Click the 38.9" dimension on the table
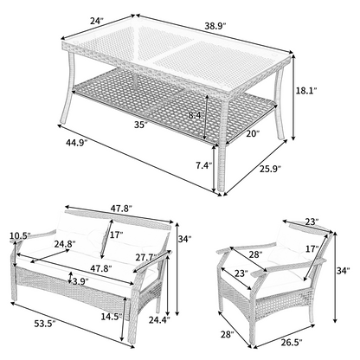(215, 26)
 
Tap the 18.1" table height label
(306, 90)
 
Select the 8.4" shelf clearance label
(196, 116)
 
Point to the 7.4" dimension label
(204, 165)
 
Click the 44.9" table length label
(76, 143)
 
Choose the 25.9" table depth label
(270, 169)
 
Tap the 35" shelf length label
(141, 125)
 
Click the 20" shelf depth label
(253, 133)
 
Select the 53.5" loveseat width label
(45, 324)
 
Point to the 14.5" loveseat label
(112, 317)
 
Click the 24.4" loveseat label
(159, 319)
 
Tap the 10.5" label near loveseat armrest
(20, 235)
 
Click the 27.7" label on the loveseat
(147, 256)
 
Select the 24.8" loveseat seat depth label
(65, 244)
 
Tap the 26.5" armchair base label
(292, 342)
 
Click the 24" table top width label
(97, 21)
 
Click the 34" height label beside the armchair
(344, 270)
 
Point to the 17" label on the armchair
(312, 248)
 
